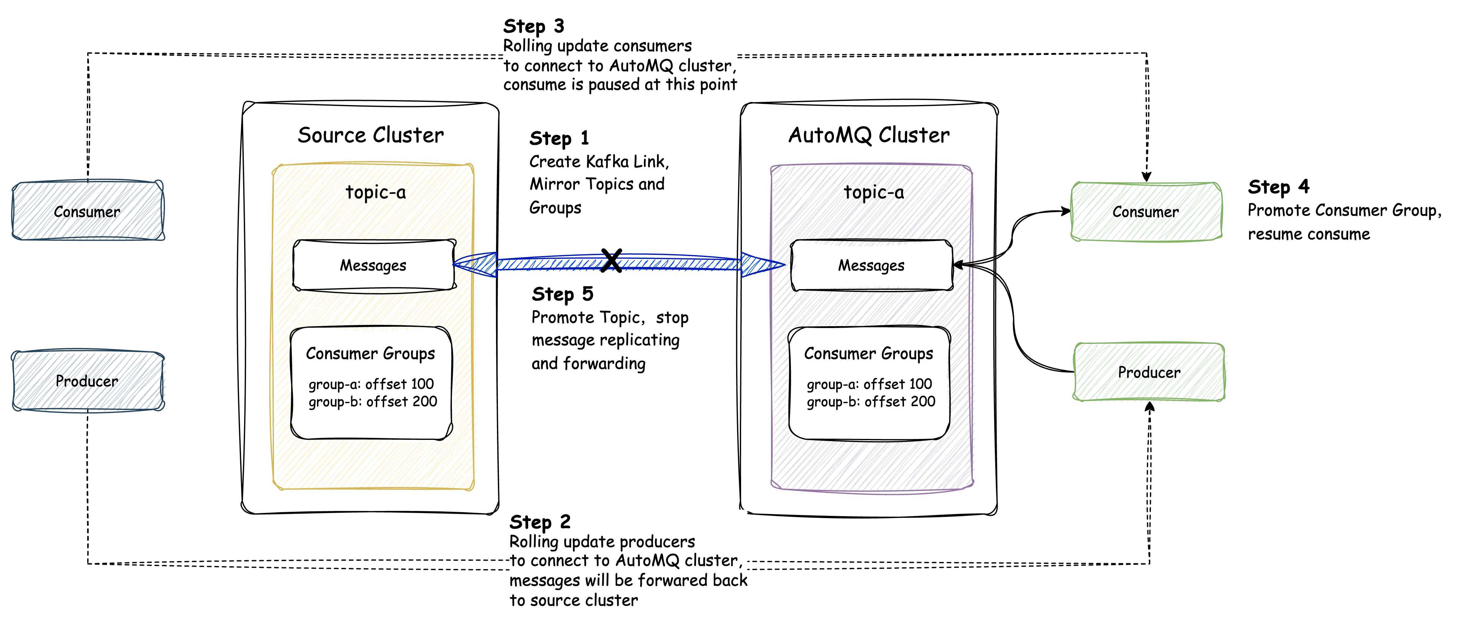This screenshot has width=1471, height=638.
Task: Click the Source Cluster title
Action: [371, 136]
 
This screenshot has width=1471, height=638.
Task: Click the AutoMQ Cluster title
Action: [868, 136]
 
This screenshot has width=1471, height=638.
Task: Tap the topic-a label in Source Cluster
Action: [375, 193]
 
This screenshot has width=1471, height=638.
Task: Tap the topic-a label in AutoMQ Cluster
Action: [874, 193]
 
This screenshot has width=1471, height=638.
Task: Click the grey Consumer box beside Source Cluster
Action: [88, 211]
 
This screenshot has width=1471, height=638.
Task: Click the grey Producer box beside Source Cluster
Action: [88, 380]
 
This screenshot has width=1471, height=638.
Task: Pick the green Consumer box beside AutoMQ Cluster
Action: [1146, 211]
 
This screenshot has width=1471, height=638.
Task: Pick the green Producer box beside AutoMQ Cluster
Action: [1149, 372]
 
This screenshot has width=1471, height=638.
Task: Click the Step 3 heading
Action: [533, 26]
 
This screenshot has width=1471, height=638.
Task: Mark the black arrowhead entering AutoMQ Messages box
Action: [959, 264]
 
